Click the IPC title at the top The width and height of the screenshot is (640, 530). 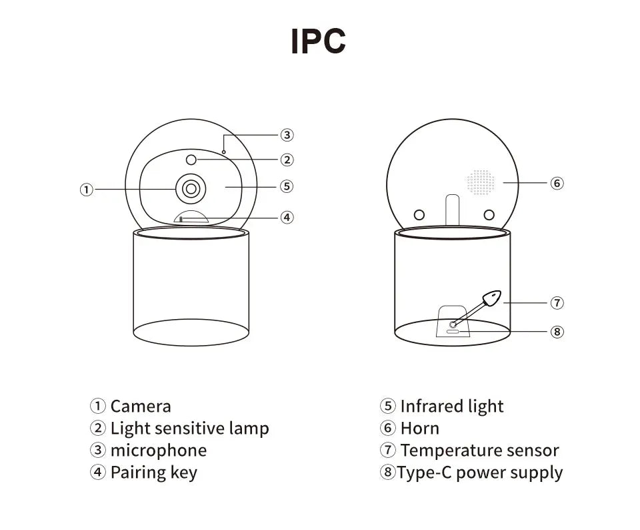[x=318, y=41]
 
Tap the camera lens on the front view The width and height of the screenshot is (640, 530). [x=191, y=189]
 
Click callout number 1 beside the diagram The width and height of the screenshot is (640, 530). [x=86, y=190]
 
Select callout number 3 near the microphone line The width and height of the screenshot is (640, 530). [x=287, y=135]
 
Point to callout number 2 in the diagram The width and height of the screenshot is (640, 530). [x=287, y=160]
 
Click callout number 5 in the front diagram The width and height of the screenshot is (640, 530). [x=287, y=186]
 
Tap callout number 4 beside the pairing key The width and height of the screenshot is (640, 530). [x=287, y=217]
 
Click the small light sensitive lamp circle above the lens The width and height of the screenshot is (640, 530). [x=191, y=160]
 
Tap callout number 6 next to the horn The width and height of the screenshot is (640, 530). [x=557, y=182]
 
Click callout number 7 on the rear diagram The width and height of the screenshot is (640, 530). [x=557, y=303]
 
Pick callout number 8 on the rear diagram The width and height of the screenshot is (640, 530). [x=557, y=331]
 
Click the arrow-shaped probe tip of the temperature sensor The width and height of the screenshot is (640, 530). [x=491, y=298]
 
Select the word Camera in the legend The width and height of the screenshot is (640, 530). [x=141, y=407]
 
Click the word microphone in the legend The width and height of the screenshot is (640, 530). [x=159, y=451]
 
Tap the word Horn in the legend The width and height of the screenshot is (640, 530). [x=420, y=429]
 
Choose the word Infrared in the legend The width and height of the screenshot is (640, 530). [x=431, y=407]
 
